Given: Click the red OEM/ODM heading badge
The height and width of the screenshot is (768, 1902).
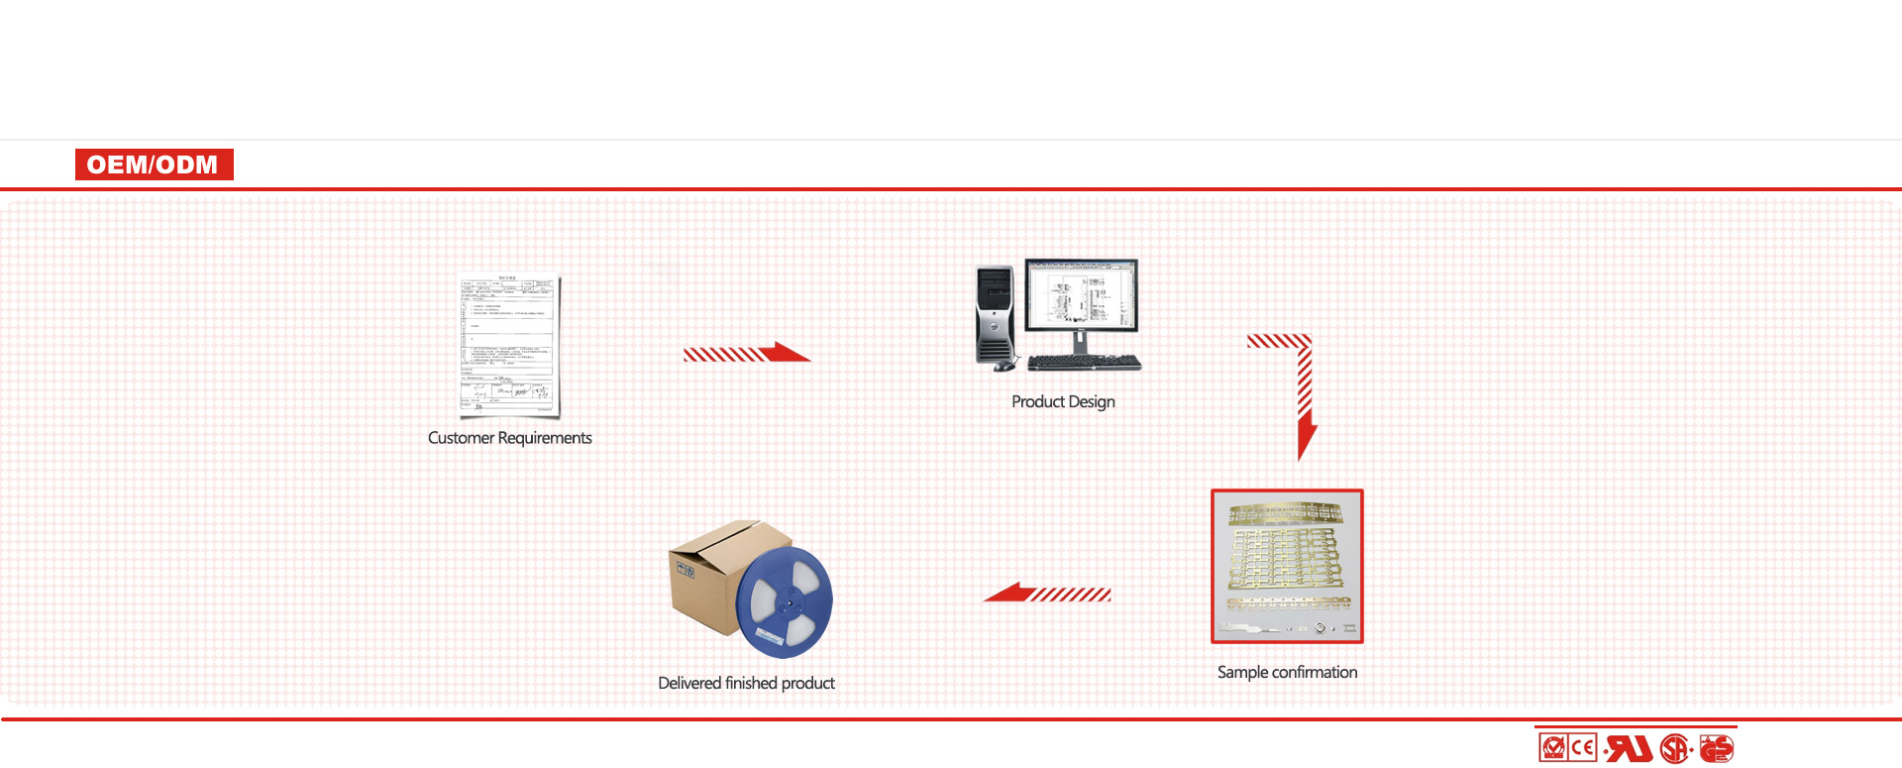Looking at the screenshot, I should click(154, 165).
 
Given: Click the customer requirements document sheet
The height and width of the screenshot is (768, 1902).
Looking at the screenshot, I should click(509, 344).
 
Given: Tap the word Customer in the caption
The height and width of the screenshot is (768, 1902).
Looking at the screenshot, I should click(461, 438).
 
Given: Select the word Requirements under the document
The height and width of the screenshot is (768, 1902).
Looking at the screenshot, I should click(544, 438).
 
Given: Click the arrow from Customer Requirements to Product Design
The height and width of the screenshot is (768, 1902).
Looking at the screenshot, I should click(746, 353).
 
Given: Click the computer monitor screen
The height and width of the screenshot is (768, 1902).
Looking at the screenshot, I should click(1081, 293).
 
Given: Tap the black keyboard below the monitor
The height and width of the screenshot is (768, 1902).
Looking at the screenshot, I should click(1084, 363).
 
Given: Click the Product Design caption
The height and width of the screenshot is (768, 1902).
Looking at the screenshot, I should click(1063, 401).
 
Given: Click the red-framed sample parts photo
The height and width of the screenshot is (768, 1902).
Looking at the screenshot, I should click(1287, 566).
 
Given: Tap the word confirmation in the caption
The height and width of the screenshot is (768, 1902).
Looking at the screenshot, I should click(1315, 672).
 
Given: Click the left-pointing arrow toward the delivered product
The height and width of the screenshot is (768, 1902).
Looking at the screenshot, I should click(1047, 594).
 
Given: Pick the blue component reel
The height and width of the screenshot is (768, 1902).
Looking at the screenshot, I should click(785, 602).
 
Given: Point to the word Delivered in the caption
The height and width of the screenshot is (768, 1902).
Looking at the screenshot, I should click(689, 683).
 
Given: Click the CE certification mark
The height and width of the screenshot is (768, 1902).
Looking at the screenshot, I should click(1583, 747).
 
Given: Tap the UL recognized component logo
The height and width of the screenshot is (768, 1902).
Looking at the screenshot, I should click(1629, 748).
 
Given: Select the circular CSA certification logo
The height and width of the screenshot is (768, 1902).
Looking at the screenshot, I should click(1674, 748).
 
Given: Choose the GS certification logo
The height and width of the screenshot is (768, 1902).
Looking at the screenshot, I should click(1717, 748).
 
